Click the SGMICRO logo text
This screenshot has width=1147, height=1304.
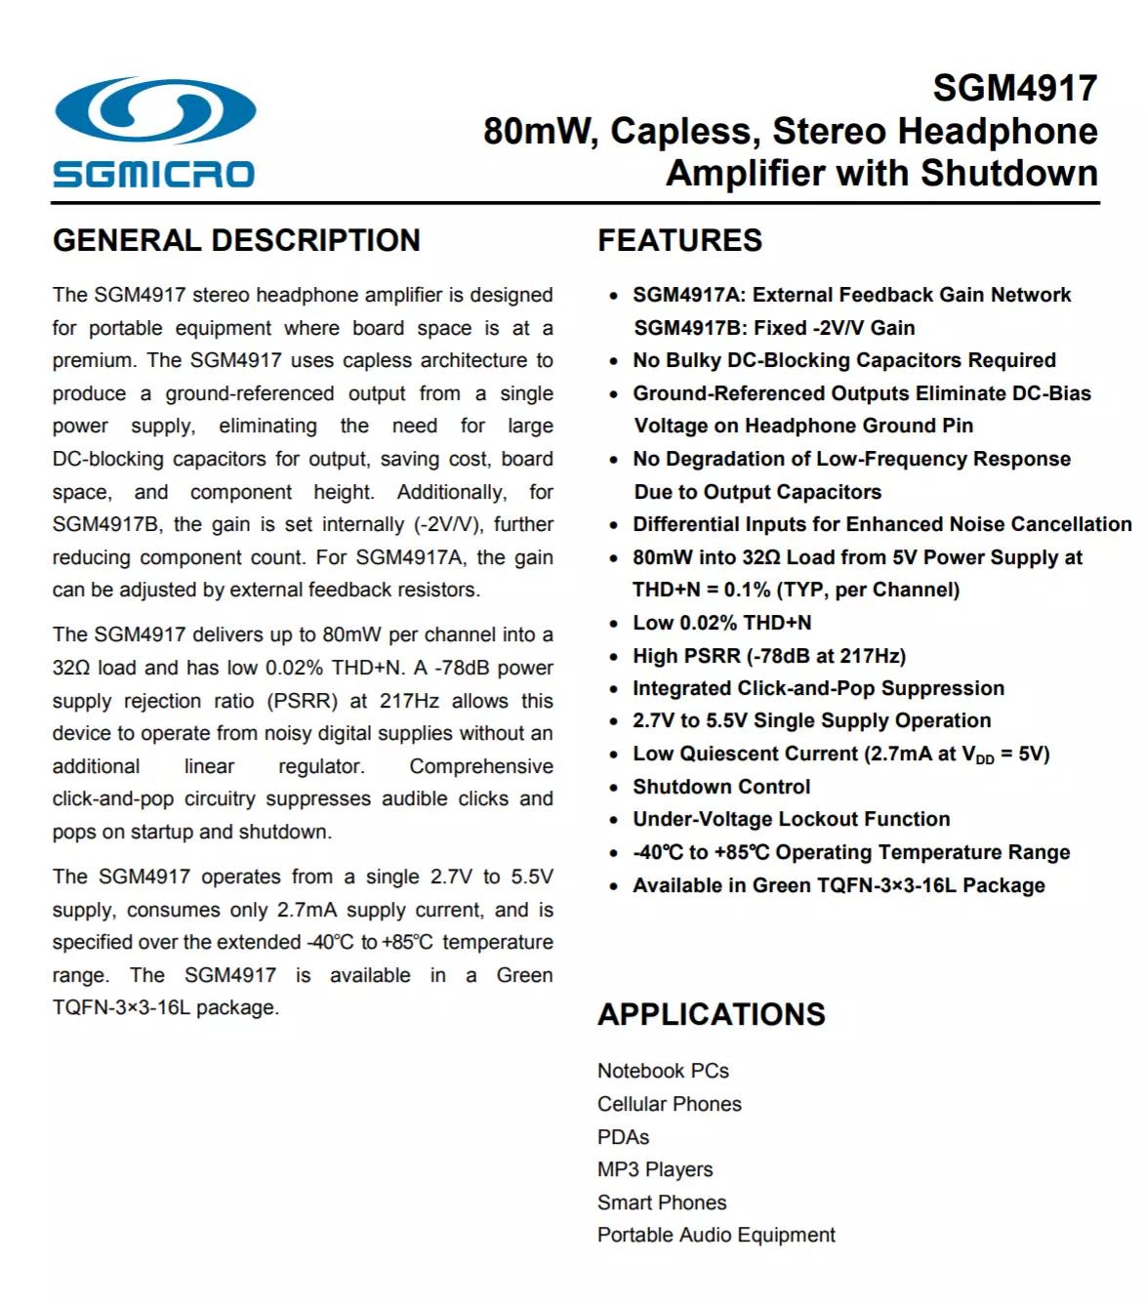(153, 175)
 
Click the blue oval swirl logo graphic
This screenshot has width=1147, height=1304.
(155, 109)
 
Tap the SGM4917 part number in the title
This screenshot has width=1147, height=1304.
(1014, 88)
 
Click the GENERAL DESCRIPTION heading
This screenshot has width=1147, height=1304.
(236, 240)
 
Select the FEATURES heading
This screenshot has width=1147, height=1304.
(679, 240)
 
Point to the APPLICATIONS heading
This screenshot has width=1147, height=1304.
(711, 1014)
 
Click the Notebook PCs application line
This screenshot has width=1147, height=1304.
(663, 1071)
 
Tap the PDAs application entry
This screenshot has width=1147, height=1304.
(623, 1137)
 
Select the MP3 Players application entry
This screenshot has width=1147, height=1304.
(655, 1169)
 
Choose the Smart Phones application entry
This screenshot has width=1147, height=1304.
(662, 1202)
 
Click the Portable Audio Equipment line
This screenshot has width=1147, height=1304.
(716, 1235)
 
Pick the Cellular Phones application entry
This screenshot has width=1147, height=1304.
(669, 1104)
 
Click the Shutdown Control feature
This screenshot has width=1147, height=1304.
(721, 787)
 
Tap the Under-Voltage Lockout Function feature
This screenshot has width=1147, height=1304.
(791, 819)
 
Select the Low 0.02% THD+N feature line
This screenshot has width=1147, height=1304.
(721, 623)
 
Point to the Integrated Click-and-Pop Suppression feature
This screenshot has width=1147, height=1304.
(818, 688)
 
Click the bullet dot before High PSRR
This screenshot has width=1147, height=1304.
(613, 657)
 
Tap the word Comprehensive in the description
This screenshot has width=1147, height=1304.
(480, 766)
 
